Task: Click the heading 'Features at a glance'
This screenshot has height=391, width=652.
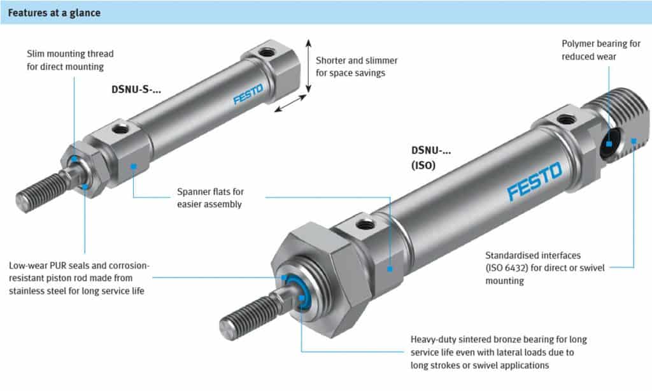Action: point(53,13)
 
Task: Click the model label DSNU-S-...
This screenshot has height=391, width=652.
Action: point(131,90)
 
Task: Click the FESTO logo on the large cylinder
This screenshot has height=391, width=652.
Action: point(534,181)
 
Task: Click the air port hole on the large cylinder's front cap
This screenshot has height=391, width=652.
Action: point(364,224)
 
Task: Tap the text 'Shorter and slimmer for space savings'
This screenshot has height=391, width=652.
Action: point(357,66)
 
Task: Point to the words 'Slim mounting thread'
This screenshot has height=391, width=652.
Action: point(70,53)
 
